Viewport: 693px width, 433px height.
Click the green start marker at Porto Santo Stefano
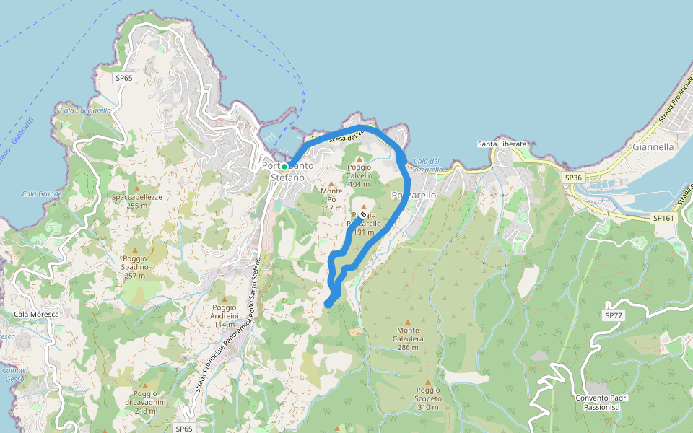click(284, 167)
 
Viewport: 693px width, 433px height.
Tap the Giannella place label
click(652, 146)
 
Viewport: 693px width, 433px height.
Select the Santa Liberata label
click(502, 144)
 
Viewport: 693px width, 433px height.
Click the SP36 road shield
click(573, 177)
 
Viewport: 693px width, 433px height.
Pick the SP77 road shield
click(613, 315)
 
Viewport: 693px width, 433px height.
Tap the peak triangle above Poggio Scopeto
click(427, 382)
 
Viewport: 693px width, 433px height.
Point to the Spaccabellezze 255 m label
click(136, 201)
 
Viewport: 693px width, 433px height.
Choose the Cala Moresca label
click(35, 315)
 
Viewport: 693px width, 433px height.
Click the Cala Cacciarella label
click(85, 110)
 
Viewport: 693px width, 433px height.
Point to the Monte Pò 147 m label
click(331, 199)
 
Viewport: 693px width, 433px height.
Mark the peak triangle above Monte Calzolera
click(408, 323)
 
